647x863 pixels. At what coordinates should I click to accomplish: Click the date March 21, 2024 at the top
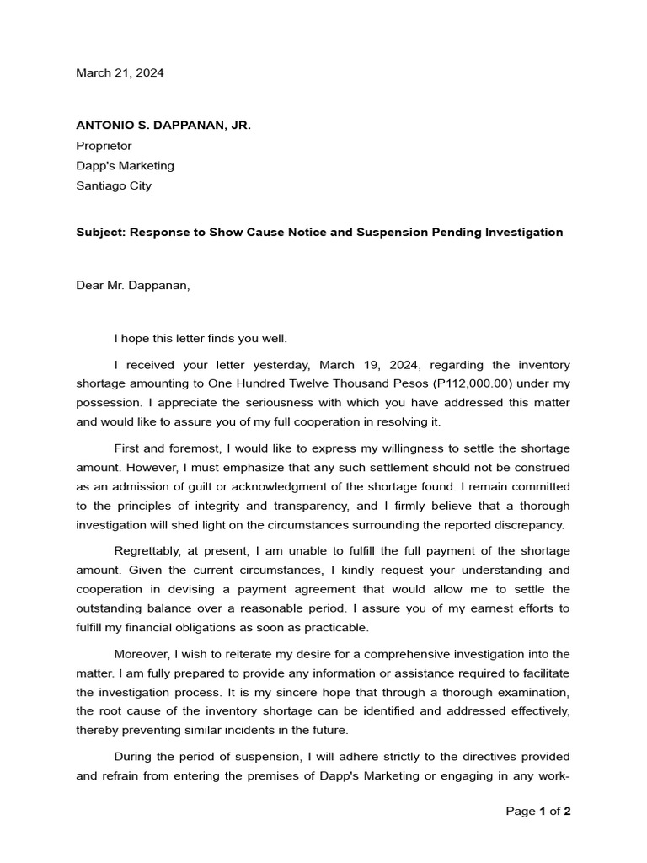click(120, 73)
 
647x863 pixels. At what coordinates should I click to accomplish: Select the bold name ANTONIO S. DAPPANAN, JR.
click(163, 126)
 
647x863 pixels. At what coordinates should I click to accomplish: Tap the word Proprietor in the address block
click(104, 146)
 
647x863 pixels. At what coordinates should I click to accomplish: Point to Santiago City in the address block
click(114, 185)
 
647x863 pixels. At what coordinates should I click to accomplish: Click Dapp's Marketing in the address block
click(125, 166)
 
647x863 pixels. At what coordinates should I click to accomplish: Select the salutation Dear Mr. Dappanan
click(133, 285)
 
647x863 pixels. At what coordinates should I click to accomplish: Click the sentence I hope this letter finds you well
click(201, 339)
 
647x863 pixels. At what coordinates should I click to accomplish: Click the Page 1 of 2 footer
click(538, 812)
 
